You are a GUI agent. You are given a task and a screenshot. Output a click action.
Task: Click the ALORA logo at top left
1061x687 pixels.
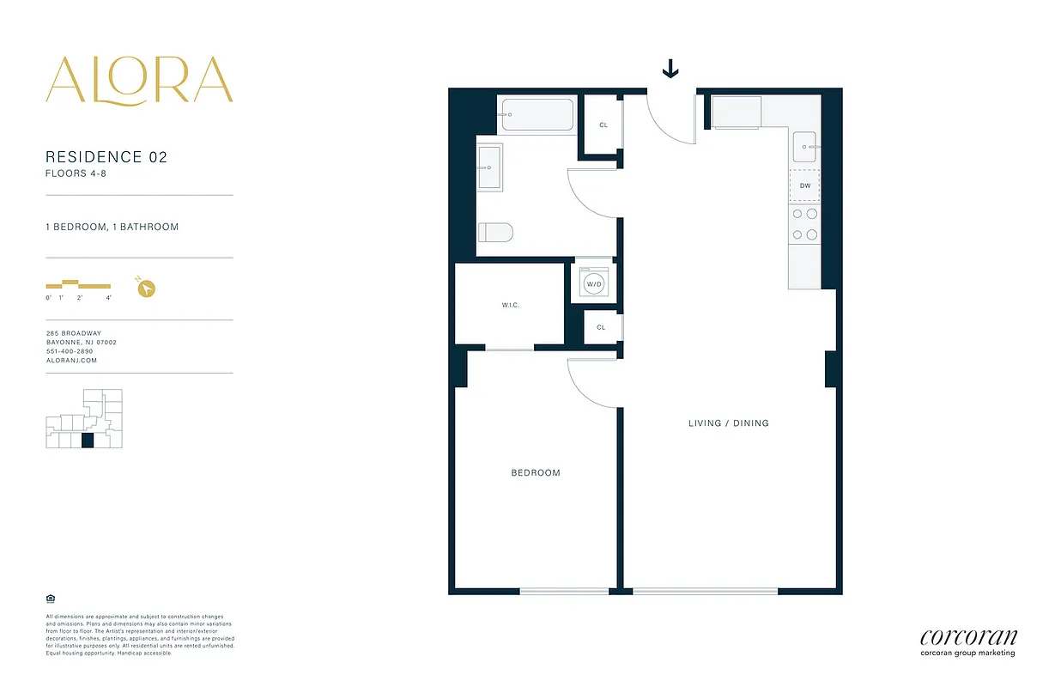coord(139,81)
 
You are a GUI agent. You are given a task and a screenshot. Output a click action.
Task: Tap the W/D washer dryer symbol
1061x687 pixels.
coord(593,283)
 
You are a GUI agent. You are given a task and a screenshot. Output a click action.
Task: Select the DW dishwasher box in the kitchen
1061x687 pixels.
coord(804,185)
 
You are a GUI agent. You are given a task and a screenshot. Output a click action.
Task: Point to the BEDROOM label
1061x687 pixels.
coord(536,473)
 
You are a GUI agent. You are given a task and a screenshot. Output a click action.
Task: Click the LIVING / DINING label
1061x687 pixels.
coord(729,423)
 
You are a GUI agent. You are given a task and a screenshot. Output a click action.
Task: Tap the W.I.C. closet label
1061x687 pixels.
coord(511,305)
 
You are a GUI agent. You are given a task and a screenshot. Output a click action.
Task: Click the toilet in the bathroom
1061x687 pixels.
coord(495,233)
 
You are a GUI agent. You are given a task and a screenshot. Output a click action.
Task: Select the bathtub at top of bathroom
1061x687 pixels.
coord(537,115)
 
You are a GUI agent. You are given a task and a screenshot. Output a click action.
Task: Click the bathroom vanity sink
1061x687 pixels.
coord(490,168)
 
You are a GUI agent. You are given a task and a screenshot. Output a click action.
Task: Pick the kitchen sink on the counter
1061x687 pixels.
coord(805,147)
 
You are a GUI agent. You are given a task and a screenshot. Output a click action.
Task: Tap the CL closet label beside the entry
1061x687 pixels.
coord(603,125)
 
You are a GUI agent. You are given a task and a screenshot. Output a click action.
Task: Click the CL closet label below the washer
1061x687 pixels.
coord(601,327)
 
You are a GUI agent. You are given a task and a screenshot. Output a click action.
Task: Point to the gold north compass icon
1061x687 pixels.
coord(146,288)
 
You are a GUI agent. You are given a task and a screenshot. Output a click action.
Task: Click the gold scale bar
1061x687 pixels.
coord(78,285)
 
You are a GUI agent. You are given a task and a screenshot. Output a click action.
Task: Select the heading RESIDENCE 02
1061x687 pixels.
coord(106,157)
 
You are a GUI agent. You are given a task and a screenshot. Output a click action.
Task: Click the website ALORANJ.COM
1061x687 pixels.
coord(71,361)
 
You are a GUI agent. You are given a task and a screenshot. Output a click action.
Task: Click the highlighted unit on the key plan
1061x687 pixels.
coord(87,441)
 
